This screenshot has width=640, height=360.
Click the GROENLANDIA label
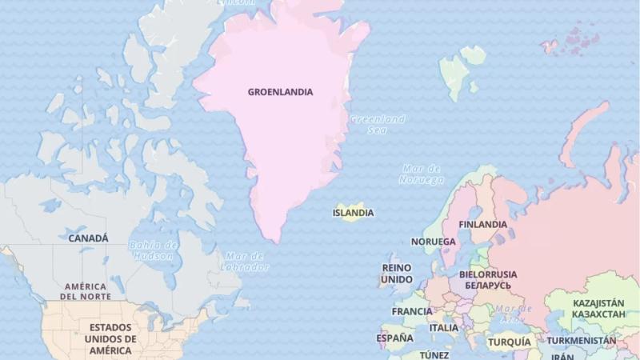[x=280, y=92]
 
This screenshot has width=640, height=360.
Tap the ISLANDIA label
[x=353, y=213]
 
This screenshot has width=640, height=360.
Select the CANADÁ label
[x=88, y=238]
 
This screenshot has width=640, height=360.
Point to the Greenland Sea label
[x=378, y=124]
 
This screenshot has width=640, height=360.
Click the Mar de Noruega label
[x=422, y=174]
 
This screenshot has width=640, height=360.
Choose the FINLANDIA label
[x=482, y=225]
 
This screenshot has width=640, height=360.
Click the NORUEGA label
[x=433, y=242]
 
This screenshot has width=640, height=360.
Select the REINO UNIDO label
[x=397, y=274]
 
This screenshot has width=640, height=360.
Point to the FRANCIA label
[x=412, y=311]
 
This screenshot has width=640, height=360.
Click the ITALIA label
[x=444, y=328]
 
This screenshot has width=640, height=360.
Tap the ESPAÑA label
[x=395, y=338]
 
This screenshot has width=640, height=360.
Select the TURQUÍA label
[x=510, y=342]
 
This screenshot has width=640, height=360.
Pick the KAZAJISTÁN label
[x=598, y=309]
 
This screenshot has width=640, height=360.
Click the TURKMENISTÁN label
[x=582, y=341]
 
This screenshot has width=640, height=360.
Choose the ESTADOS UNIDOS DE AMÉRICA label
[x=110, y=338]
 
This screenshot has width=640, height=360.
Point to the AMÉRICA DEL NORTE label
[x=86, y=291]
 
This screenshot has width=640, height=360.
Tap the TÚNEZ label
[x=434, y=354]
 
